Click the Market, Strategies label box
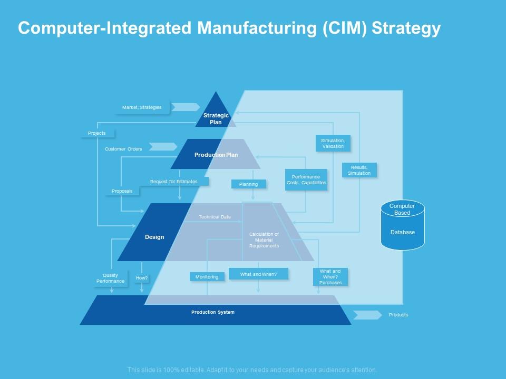point(142,107)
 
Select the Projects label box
point(97,133)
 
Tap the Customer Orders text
point(123,149)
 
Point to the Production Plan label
point(216,155)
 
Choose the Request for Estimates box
point(174,182)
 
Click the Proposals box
point(122,191)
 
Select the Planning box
point(248,184)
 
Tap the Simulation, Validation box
point(333,143)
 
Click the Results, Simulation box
point(359,170)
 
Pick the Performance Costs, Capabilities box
point(306,179)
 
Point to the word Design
point(154,237)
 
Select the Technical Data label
point(215,217)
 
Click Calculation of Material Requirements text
point(264,240)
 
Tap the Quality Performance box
point(111,278)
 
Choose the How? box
point(142,278)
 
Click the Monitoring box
point(207,277)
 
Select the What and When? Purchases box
point(330,277)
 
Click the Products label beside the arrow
point(398,315)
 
